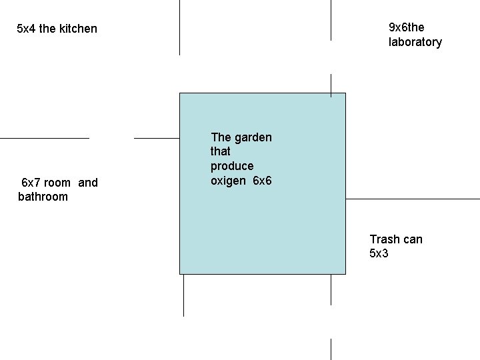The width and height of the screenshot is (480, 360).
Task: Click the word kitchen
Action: (x=78, y=29)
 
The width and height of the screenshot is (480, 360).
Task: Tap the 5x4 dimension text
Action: (x=26, y=29)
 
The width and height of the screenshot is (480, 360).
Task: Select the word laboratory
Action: (x=415, y=42)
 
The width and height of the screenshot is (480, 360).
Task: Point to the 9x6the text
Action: (x=406, y=27)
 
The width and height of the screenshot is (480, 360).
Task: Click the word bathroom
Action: (x=43, y=197)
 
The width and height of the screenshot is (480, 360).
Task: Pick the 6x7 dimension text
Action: (x=31, y=183)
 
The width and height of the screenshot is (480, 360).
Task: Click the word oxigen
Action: (x=229, y=181)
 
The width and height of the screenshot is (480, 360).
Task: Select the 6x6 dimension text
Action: (x=263, y=181)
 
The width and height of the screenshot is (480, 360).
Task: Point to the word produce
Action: (x=232, y=166)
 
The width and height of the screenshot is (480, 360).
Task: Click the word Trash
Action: (x=385, y=239)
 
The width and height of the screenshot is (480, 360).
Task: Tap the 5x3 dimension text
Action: (x=379, y=253)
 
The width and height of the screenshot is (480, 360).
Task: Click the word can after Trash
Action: (x=413, y=239)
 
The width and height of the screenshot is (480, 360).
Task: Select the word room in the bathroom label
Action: (x=57, y=183)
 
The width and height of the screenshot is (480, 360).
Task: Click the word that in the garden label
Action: (x=220, y=151)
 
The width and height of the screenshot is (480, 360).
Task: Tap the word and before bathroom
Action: (x=88, y=183)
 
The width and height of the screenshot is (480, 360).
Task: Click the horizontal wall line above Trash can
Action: (x=413, y=199)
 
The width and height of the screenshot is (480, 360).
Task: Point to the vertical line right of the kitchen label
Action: (x=179, y=27)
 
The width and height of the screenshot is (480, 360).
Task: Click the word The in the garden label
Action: (x=221, y=137)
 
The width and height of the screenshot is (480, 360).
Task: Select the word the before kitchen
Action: (x=47, y=29)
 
